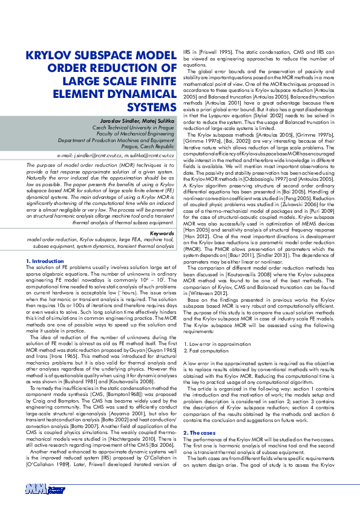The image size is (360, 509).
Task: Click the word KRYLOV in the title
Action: click(51, 56)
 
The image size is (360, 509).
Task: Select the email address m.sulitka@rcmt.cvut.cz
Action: click(151, 155)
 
